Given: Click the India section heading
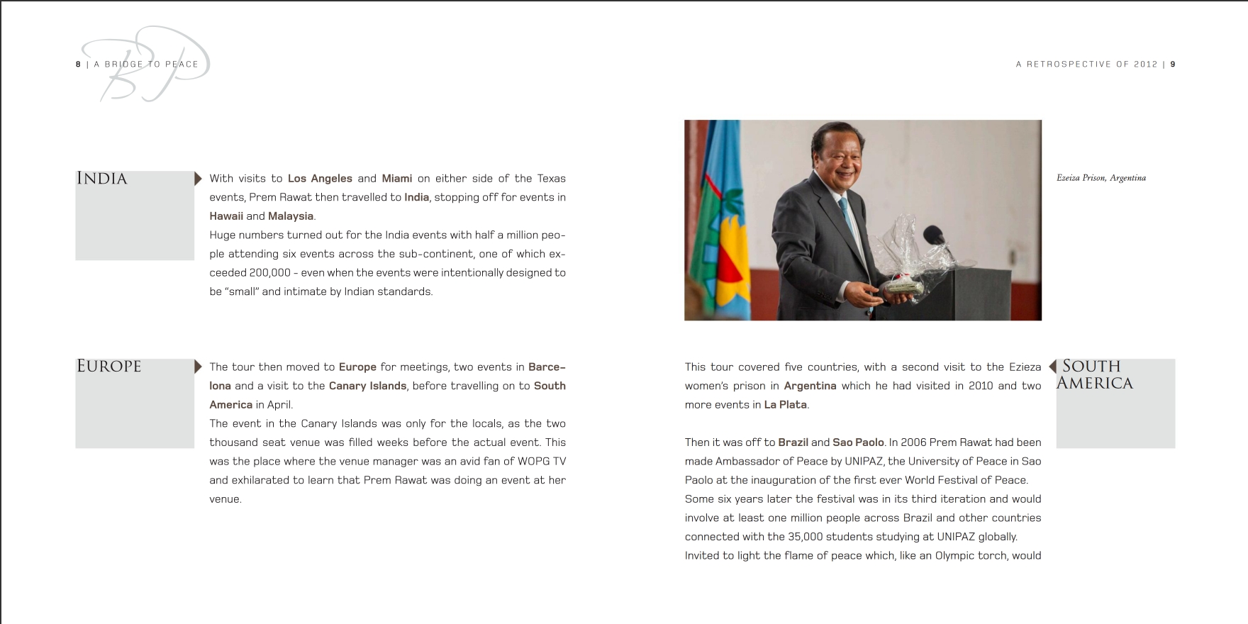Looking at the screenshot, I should tap(101, 179).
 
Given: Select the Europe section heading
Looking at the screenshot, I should tap(108, 367).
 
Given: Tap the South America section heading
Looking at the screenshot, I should tap(1094, 374).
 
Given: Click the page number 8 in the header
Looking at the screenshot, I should tap(78, 65).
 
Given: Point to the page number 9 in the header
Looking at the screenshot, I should tap(1173, 65).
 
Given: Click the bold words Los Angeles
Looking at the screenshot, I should tap(320, 179).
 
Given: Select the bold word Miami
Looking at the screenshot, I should tap(396, 179).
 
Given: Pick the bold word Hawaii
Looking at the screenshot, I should tap(226, 216).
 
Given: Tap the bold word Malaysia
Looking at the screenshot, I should tap(291, 216).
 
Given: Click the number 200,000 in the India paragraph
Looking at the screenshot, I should tap(270, 273).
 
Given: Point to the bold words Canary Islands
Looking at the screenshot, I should tap(367, 386).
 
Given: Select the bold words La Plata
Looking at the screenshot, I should tap(785, 405).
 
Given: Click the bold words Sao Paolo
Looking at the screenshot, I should tap(858, 442).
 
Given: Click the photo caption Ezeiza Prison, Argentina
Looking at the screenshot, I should tap(1101, 178).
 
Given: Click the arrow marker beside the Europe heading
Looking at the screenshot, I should tap(198, 367).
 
